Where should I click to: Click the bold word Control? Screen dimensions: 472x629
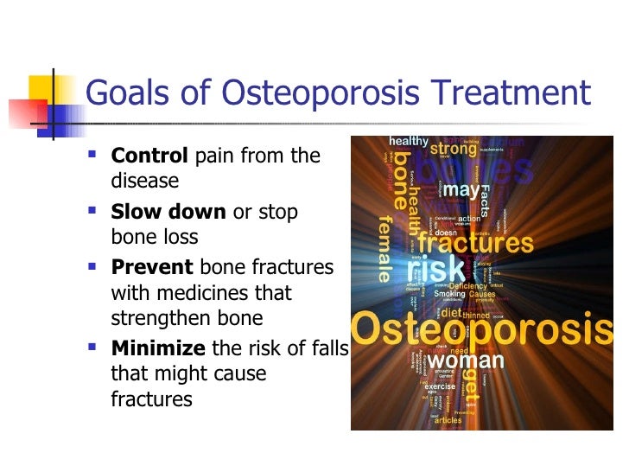click(x=149, y=156)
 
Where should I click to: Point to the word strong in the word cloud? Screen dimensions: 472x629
click(x=454, y=149)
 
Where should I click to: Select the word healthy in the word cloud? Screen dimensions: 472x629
click(x=409, y=141)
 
